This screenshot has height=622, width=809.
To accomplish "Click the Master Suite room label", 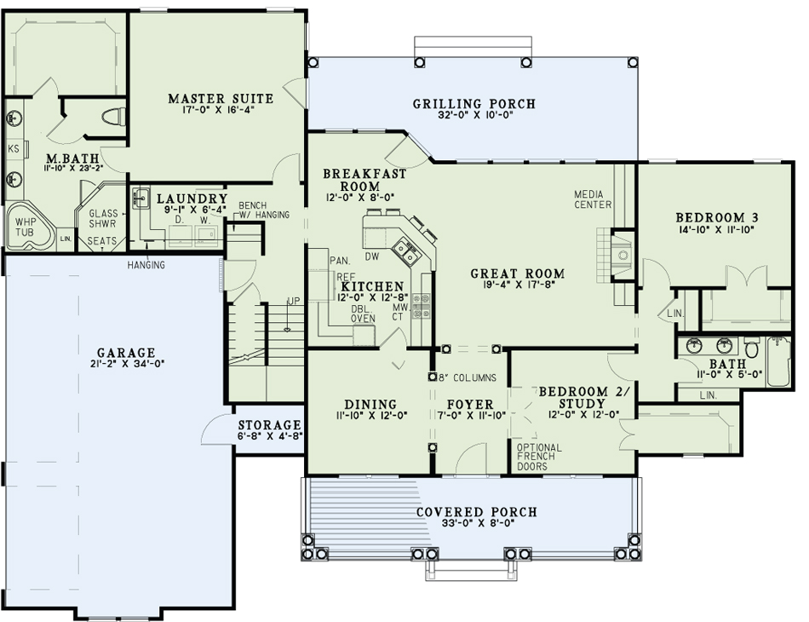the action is pos(221,98).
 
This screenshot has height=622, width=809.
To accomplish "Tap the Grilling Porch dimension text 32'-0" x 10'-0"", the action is pos(473,115).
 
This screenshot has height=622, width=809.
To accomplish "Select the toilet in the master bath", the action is pos(115,118).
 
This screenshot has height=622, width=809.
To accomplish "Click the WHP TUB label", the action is pos(26,227).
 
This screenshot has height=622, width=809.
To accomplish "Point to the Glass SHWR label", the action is pos(103,218).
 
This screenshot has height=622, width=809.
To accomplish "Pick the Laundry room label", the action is pos(192,199).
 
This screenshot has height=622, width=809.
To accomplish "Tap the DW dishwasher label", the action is pos(371,256).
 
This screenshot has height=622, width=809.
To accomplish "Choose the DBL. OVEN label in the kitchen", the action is pos(364,314).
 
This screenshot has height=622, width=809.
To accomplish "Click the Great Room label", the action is pos(518,274).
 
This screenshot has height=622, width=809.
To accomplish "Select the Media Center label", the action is pos(593,199).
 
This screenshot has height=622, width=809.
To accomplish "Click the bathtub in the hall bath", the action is pos(778,361).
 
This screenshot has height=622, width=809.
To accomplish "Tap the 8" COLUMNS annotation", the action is pos(467,377).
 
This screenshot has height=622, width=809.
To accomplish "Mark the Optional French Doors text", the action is pos(539,457).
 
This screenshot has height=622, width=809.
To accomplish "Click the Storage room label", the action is pos(269,425).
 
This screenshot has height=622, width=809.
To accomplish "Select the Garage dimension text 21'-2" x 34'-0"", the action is pos(126,364).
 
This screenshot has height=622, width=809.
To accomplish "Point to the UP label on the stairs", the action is pos(293,301).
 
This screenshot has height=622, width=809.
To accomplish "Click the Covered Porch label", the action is pos(477,512).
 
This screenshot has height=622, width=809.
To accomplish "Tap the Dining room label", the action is pos(370,404).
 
